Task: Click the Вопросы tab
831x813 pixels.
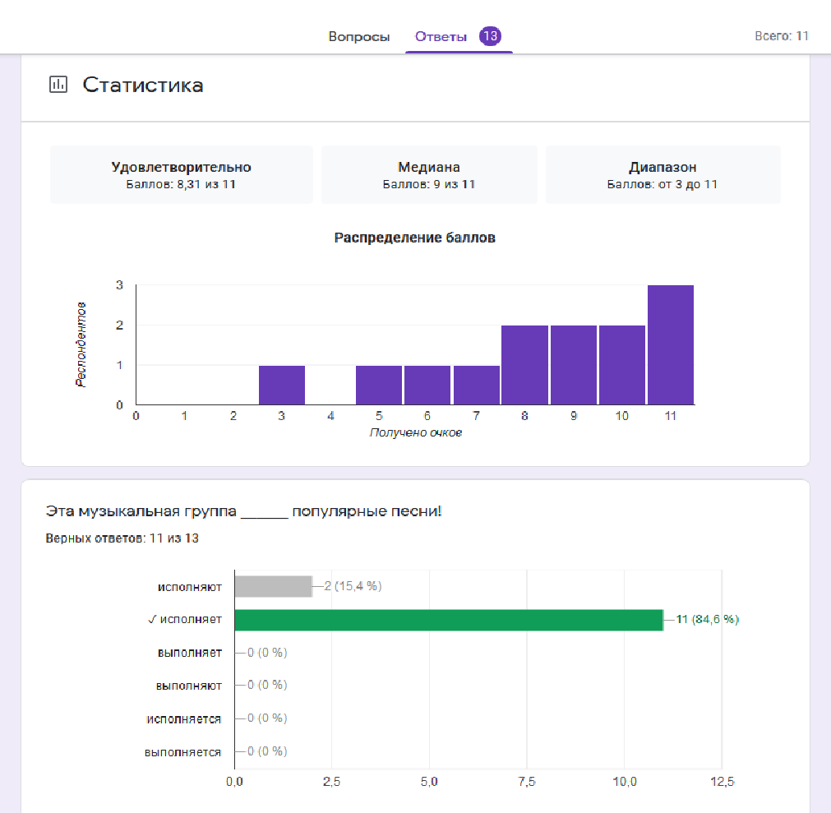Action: (359, 36)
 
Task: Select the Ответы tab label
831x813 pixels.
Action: (441, 36)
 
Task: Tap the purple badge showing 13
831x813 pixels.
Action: (490, 36)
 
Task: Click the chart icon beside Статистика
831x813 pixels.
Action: (58, 85)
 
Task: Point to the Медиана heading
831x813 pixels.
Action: (429, 167)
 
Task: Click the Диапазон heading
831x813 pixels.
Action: (662, 167)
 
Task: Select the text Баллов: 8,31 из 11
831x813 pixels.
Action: (181, 184)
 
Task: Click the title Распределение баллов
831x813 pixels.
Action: (414, 238)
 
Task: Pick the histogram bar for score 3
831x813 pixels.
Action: (282, 386)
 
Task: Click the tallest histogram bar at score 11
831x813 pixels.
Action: (671, 345)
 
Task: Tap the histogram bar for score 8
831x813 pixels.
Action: (524, 365)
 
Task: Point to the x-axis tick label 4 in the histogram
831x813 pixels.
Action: (330, 416)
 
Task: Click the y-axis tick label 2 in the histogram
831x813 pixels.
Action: (119, 325)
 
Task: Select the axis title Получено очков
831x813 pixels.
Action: (416, 432)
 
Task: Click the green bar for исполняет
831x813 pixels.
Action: (449, 620)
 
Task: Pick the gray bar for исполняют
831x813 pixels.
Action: (274, 586)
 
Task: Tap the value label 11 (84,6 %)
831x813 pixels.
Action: (708, 619)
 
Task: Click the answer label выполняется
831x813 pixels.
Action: (182, 753)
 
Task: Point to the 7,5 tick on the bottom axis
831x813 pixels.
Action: (527, 782)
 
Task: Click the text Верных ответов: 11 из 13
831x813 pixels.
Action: (122, 538)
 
